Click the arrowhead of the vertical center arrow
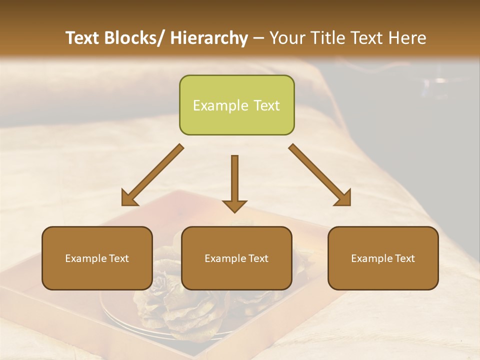(x=234, y=206)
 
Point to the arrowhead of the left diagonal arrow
(x=129, y=199)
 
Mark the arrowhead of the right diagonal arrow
(x=343, y=198)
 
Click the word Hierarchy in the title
(x=209, y=38)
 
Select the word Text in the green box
(x=266, y=105)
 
